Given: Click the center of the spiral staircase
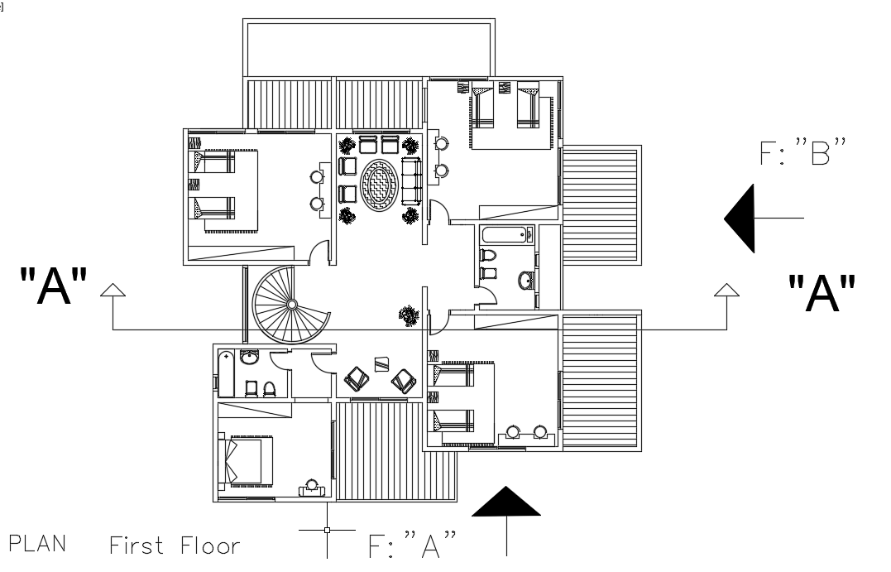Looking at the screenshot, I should click(291, 305).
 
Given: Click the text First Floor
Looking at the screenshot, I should click(175, 546).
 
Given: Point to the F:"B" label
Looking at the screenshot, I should click(804, 154).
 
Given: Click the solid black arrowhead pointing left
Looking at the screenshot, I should click(741, 219).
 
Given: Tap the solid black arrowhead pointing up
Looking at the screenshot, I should click(505, 502).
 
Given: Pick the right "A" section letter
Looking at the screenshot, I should click(821, 293).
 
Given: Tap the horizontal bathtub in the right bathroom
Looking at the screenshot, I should click(507, 234).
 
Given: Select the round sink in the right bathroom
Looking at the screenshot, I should click(525, 281).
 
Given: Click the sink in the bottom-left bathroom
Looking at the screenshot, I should click(249, 357).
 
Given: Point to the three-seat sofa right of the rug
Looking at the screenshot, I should click(411, 182).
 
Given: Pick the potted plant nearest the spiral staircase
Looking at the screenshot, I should click(408, 314).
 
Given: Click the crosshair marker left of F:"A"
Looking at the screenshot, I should click(327, 530).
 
